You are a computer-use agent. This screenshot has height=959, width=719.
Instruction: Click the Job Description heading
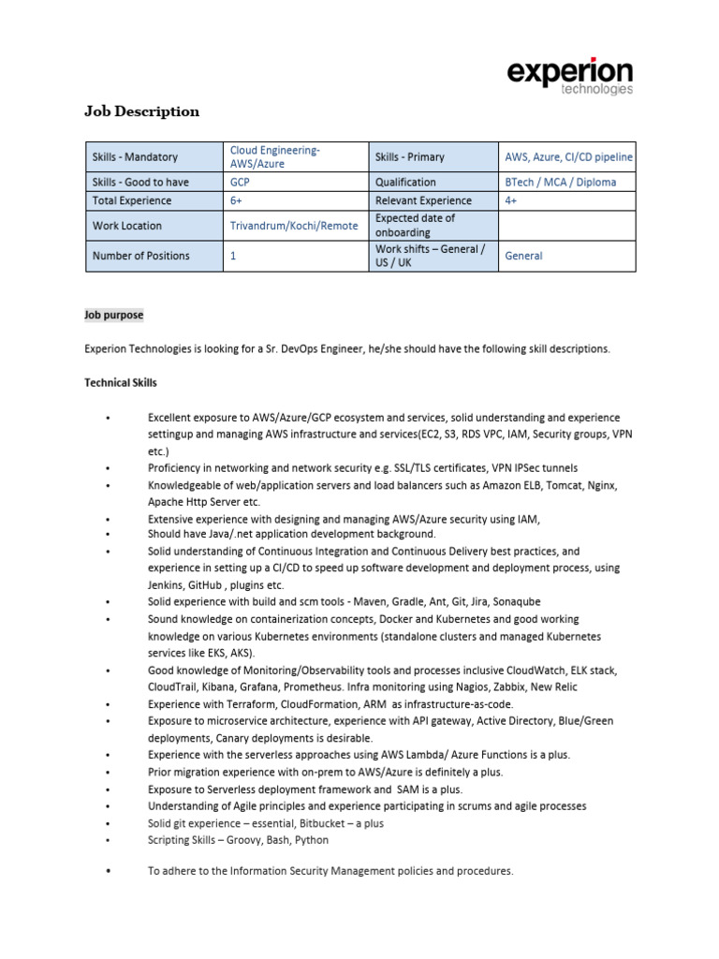[142, 111]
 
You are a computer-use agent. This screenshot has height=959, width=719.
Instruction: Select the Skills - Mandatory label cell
[135, 157]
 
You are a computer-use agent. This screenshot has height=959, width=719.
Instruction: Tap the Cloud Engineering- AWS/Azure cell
[275, 157]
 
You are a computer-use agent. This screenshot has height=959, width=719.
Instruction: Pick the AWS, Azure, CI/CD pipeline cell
[568, 157]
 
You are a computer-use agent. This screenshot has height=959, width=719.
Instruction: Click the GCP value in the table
[240, 183]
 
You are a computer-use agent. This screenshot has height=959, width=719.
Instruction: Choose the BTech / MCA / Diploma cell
[560, 183]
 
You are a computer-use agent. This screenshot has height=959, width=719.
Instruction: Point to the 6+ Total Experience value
[237, 200]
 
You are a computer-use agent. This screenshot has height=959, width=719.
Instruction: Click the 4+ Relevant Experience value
[511, 200]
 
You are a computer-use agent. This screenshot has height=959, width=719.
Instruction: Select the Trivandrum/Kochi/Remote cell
[294, 226]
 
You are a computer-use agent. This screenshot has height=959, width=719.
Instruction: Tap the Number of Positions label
[141, 256]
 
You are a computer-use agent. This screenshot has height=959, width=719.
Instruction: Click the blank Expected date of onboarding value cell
[566, 226]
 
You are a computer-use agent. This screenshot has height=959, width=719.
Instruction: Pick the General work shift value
[523, 256]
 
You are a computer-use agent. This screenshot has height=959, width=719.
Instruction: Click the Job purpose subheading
[114, 315]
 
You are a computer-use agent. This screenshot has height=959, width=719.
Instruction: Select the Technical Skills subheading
[121, 383]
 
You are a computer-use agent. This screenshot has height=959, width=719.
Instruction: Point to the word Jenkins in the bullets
[167, 584]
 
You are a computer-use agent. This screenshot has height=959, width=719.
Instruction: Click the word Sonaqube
[515, 601]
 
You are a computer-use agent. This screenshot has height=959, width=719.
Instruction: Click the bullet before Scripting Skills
[110, 841]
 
